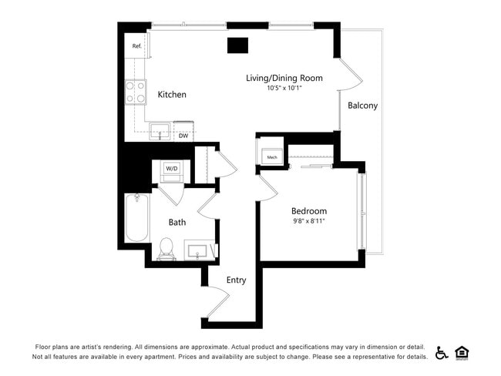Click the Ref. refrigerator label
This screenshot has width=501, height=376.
tap(137, 46)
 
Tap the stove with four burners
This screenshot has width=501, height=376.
tap(136, 93)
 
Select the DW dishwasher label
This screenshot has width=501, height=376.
tap(183, 136)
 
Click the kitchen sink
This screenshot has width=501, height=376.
tap(160, 131)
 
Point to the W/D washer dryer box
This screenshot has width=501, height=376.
tap(171, 169)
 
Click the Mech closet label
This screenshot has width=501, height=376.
tap(271, 157)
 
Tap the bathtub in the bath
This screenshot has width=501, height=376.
tap(136, 219)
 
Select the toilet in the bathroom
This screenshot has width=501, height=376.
tap(166, 248)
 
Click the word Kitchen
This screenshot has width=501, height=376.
tap(172, 95)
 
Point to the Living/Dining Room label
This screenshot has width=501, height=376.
tap(284, 78)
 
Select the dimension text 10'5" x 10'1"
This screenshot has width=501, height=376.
tap(284, 89)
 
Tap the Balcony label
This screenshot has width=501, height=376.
tap(362, 106)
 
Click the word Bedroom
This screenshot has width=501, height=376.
tap(308, 211)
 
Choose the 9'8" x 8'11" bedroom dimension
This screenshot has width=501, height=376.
tap(308, 222)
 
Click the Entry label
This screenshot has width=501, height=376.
tap(236, 280)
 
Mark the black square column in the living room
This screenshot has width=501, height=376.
tap(237, 45)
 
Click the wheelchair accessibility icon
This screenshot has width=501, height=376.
tap(442, 353)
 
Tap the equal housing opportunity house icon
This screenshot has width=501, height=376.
tap(462, 353)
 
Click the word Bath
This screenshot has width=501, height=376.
tap(177, 223)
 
